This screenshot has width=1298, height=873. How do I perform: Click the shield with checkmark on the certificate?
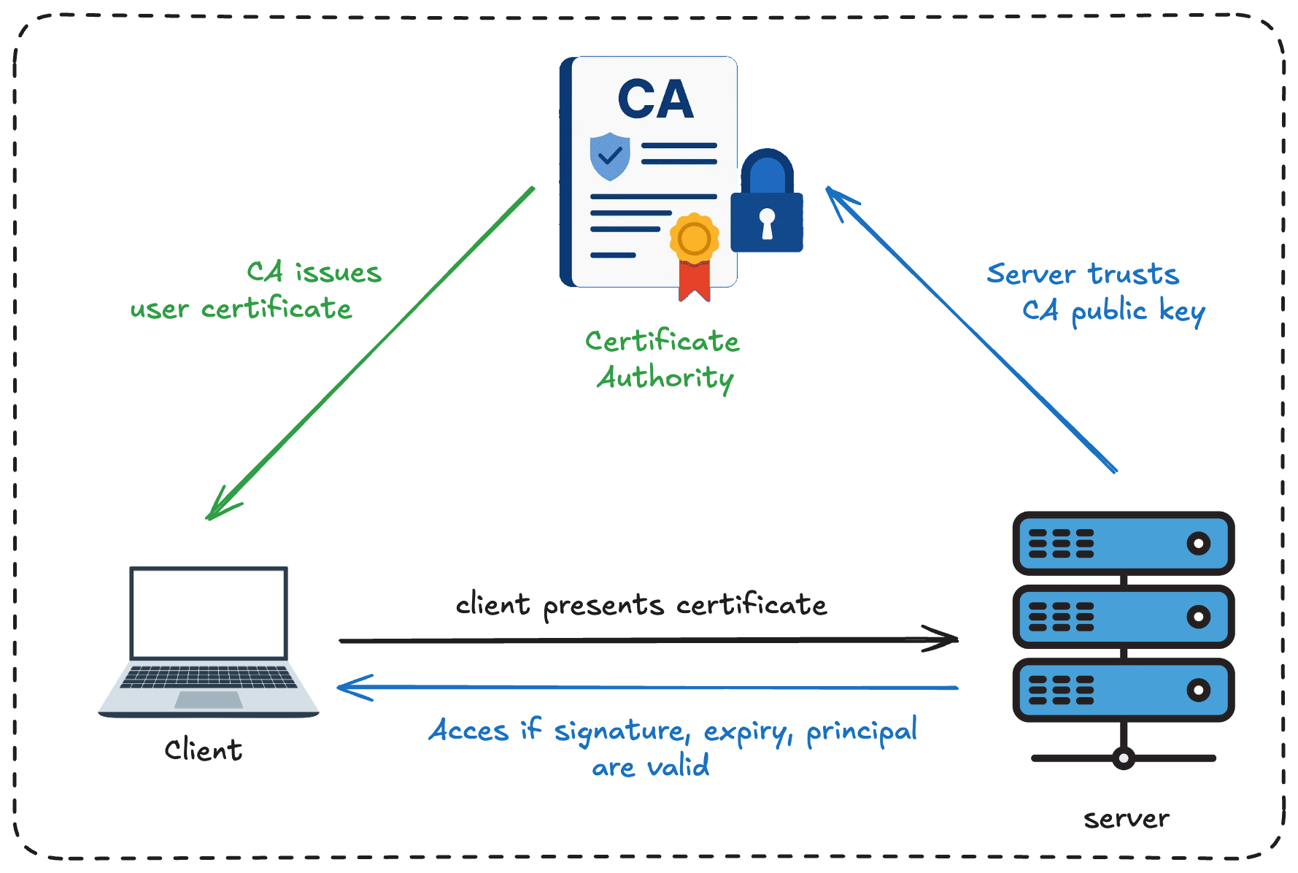click(609, 156)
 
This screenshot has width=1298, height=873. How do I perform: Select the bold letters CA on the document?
click(655, 99)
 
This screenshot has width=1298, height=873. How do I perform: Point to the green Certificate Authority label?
click(662, 360)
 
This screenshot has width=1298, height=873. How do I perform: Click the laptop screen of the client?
click(209, 614)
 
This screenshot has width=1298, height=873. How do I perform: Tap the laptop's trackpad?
click(209, 700)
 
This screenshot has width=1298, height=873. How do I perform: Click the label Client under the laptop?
click(204, 750)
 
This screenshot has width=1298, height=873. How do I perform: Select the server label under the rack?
click(1126, 819)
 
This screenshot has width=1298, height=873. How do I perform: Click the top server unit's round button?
click(1198, 543)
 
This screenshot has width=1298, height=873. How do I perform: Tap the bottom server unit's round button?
click(1198, 690)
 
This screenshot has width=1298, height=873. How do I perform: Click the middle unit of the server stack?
click(1123, 617)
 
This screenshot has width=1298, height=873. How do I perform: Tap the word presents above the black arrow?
click(603, 606)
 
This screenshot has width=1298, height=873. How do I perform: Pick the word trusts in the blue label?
click(1133, 274)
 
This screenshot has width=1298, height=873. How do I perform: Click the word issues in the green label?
click(338, 273)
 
